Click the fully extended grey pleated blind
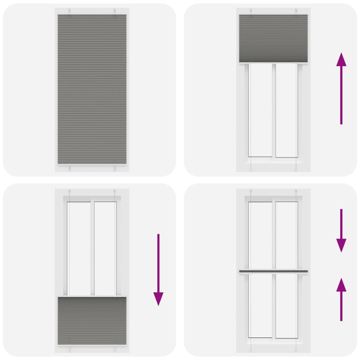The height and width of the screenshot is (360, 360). [92, 88]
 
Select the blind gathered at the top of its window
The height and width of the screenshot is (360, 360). [273, 38]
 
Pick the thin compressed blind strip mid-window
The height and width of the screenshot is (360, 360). [273, 271]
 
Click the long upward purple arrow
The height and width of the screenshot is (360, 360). [342, 88]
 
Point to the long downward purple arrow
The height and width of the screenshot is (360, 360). [158, 270]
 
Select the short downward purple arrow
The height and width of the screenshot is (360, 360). [342, 230]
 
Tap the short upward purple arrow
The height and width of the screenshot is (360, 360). [342, 299]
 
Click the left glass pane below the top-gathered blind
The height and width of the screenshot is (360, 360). [261, 110]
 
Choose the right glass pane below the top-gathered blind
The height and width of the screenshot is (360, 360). [286, 110]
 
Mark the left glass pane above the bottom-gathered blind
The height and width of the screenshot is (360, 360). [79, 248]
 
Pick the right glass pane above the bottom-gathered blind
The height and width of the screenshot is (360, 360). [105, 248]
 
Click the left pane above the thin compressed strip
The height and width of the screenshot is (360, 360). [261, 235]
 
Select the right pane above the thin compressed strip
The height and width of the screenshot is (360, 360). [286, 235]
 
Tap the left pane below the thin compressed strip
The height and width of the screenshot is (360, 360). [261, 306]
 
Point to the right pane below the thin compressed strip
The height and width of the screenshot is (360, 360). [286, 306]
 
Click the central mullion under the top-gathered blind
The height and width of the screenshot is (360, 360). [273, 110]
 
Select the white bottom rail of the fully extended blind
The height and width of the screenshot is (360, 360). [92, 164]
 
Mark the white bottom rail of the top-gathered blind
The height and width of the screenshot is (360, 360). [273, 63]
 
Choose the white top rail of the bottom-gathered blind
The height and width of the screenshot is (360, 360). [92, 296]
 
